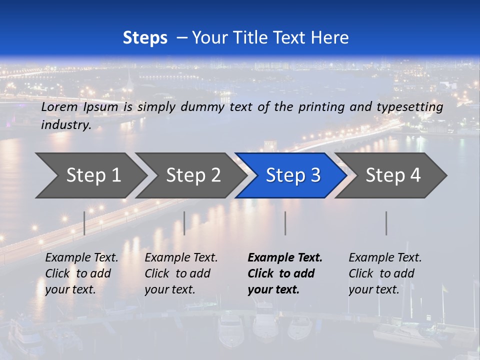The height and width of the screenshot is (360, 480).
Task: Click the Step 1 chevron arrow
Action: [93, 175]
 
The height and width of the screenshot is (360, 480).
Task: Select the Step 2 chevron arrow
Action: [193, 175]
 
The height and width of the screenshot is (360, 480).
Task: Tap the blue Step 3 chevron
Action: [293, 175]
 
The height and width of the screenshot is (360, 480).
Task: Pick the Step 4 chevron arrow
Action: [393, 175]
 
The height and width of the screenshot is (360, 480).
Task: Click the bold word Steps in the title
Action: [145, 38]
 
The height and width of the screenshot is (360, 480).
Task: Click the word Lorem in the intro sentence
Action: [59, 107]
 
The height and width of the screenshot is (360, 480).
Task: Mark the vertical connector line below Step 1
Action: [84, 223]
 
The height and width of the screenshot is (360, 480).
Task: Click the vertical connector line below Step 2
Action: [184, 223]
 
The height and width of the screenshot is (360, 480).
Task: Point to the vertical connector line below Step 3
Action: [285, 223]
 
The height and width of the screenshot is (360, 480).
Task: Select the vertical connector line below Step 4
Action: [386, 223]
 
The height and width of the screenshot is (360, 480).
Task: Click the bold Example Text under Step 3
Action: [285, 258]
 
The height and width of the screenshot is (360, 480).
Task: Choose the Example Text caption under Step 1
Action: [81, 258]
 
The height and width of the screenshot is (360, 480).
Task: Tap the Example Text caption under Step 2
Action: [181, 258]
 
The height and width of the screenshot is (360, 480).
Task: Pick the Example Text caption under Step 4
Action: [385, 258]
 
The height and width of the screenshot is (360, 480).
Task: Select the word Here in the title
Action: [329, 38]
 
